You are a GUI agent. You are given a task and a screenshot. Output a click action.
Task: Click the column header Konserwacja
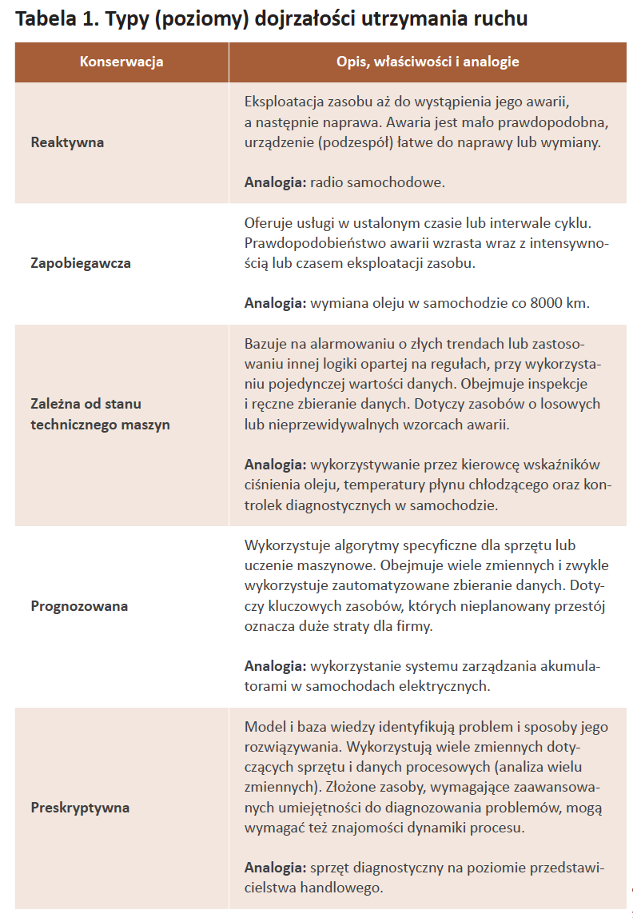click(121, 62)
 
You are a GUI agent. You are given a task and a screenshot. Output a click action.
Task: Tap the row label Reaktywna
click(67, 142)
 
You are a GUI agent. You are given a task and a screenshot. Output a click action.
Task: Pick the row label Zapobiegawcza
click(81, 262)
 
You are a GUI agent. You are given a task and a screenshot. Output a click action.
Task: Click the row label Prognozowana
click(79, 605)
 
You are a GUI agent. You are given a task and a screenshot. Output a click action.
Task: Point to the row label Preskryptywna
click(80, 807)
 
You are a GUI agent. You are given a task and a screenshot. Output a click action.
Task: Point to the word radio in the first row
click(326, 182)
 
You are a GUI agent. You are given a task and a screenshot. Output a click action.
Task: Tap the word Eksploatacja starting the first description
click(285, 102)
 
